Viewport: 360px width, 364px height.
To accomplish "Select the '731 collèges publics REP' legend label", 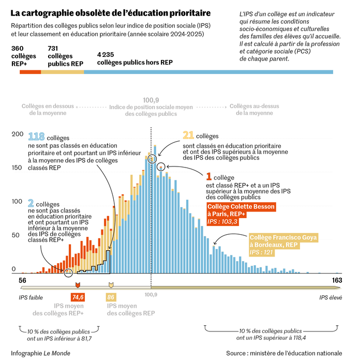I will (x=65, y=55).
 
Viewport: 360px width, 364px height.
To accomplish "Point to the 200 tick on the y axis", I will (x=18, y=134).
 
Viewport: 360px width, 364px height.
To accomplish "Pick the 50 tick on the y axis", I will (x=18, y=236).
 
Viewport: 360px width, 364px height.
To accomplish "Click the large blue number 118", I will (x=36, y=137).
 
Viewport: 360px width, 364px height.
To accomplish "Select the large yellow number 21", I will (x=188, y=135).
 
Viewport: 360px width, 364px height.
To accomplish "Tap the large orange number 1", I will (x=209, y=177).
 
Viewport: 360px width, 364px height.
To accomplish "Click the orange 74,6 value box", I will (x=78, y=297).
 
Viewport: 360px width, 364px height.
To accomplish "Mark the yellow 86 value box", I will (x=111, y=297).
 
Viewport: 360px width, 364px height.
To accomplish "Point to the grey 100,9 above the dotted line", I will (x=151, y=100).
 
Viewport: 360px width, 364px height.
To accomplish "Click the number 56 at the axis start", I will (x=23, y=280).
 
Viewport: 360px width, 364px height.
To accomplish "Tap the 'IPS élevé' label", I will (x=331, y=297).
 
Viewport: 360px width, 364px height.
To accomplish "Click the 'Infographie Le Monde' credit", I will (x=40, y=353).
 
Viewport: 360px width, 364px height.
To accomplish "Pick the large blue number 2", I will (x=31, y=203).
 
